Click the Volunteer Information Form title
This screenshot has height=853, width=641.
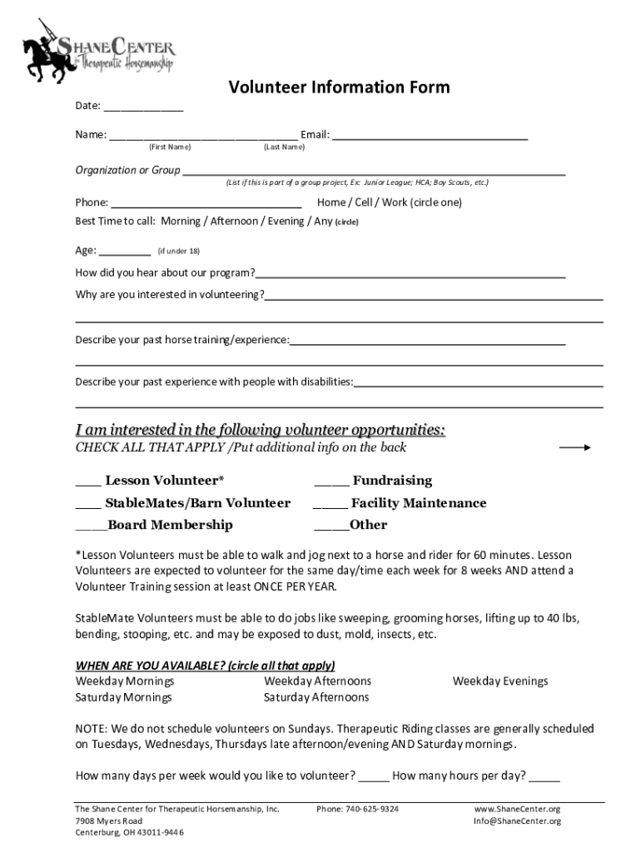tap(339, 87)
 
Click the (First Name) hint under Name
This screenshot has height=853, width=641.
tap(169, 147)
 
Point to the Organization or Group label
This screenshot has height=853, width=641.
tap(127, 171)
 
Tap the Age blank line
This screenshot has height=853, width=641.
tap(125, 252)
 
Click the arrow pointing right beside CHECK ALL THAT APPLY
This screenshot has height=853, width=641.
tap(574, 448)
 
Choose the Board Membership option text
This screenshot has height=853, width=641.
tap(170, 525)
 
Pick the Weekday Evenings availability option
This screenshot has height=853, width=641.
tap(499, 681)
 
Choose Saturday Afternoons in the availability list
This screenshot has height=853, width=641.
tap(316, 697)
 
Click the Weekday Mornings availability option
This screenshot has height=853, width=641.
tap(125, 681)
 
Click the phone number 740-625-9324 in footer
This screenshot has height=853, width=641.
tap(357, 809)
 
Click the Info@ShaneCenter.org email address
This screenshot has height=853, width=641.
tap(517, 821)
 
